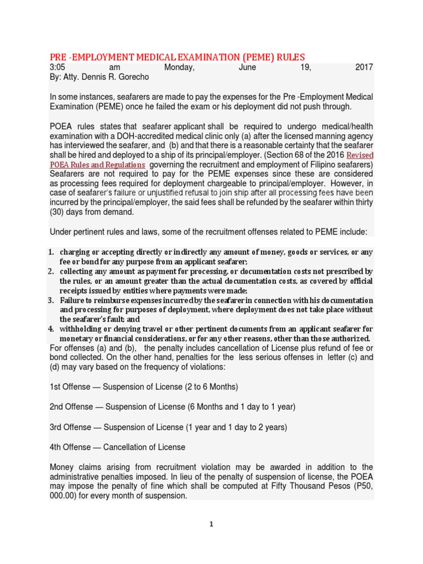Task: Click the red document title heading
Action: click(177, 57)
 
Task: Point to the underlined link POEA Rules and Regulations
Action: click(97, 165)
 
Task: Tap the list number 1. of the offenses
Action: click(50, 252)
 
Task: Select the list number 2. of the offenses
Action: click(50, 272)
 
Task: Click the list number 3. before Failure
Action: click(50, 300)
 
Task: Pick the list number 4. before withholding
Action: click(50, 329)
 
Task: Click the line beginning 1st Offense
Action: click(144, 387)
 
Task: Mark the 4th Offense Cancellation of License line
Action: click(117, 447)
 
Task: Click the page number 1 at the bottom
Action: click(211, 524)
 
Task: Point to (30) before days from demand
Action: click(58, 212)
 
